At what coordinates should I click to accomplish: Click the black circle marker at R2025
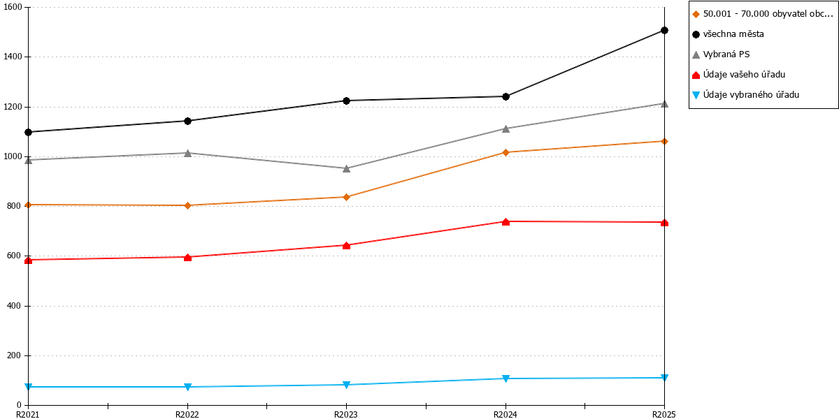tap(664, 30)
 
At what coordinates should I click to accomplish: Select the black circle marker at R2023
tap(347, 101)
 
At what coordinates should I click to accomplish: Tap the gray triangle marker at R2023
tap(347, 169)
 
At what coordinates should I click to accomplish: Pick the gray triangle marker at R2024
tap(505, 128)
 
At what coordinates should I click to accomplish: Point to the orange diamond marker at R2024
tap(505, 152)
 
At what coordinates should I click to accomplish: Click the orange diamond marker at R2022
tap(188, 205)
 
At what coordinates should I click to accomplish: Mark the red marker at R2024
tap(505, 222)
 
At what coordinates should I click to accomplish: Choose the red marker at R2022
tap(188, 258)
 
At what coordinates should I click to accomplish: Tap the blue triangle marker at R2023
tap(347, 385)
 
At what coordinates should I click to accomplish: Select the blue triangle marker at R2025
tap(664, 378)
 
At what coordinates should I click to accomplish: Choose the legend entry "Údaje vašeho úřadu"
tap(738, 75)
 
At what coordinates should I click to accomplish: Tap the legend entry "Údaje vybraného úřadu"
tap(745, 95)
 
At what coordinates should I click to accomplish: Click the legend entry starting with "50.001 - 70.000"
tap(763, 14)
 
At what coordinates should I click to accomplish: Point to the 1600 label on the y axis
tap(13, 7)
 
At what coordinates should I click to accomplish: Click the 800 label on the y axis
tap(15, 206)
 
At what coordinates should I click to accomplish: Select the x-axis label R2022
tap(187, 414)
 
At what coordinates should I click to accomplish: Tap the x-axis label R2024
tap(505, 414)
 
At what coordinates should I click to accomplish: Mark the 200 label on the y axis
tap(15, 355)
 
